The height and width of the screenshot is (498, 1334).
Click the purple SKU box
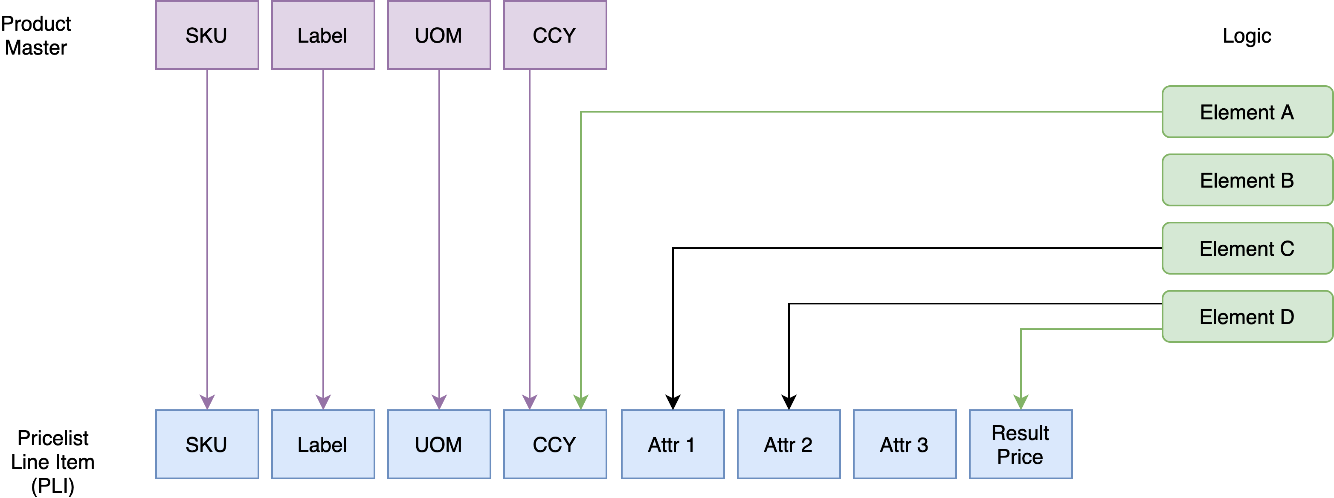206,35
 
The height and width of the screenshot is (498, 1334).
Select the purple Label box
322,35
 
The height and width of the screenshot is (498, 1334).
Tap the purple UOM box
438,35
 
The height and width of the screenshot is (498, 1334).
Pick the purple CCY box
554,35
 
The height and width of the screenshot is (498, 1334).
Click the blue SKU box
206,444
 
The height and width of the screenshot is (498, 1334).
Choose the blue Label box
322,444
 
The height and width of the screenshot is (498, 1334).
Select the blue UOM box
438,444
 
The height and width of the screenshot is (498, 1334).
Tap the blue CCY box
554,444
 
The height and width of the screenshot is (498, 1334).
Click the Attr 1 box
672,444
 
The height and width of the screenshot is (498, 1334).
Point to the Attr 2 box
788,444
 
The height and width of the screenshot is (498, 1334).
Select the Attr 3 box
904,444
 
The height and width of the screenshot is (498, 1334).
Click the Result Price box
1020,444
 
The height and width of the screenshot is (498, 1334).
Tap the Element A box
1247,112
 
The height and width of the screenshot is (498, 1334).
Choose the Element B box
1247,180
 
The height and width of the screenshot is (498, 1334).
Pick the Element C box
1247,249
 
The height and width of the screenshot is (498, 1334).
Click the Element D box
1247,317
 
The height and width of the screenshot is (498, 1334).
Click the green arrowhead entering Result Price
1020,402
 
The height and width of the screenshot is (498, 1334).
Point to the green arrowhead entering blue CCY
580,402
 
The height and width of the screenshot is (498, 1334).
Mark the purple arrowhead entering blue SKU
206,402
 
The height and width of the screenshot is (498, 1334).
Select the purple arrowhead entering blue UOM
438,402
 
